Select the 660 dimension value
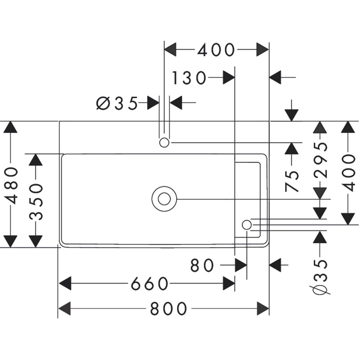click(x=149, y=283)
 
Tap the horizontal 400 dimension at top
click(x=216, y=50)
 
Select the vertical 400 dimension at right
click(x=347, y=173)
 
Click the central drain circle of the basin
click(x=164, y=199)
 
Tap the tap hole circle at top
click(x=164, y=142)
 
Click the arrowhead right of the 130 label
click(x=228, y=78)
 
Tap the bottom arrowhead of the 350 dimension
click(x=36, y=241)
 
